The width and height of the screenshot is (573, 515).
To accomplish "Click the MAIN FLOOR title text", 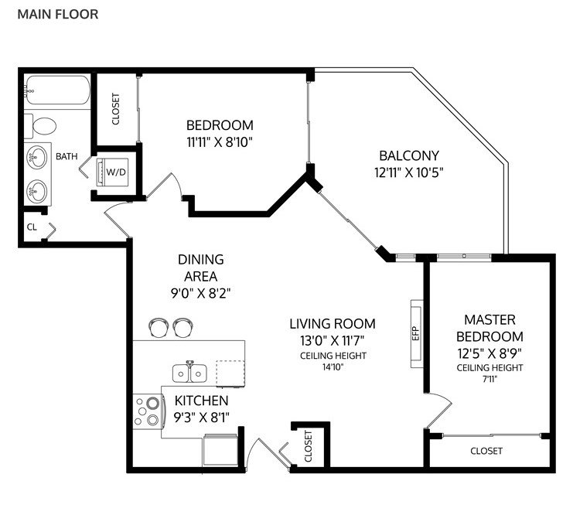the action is (x=58, y=14).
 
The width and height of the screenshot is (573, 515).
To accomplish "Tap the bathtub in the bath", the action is (x=58, y=90).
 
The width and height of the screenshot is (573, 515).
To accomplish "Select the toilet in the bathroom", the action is (x=40, y=126).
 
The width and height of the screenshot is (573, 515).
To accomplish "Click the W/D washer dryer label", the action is (x=116, y=172).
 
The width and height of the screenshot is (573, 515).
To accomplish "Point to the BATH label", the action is (x=67, y=156).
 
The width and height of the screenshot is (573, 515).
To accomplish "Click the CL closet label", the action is (x=32, y=227).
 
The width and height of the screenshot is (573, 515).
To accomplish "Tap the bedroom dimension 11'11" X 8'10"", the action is (x=220, y=142).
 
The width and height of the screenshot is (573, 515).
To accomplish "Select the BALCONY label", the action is (x=409, y=155).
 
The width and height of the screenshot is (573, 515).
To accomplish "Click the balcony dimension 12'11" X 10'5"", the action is (x=409, y=172).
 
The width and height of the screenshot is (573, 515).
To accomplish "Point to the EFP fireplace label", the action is (x=415, y=333).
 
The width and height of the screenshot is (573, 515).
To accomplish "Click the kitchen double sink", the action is (x=189, y=373).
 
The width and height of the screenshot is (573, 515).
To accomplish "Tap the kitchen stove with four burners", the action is (x=147, y=411).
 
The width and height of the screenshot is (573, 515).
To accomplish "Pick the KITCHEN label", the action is (x=201, y=401).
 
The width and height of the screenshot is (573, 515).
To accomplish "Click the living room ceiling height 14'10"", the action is (x=333, y=367).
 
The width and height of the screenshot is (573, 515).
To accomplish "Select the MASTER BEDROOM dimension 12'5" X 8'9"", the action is (x=489, y=353).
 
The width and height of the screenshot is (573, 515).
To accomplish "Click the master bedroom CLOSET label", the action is (x=486, y=451).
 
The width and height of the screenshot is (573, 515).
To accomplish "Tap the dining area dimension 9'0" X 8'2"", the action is (x=200, y=293).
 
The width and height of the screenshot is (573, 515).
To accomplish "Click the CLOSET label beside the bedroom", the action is (x=116, y=109).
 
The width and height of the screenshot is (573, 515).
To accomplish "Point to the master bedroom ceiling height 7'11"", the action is (x=489, y=379).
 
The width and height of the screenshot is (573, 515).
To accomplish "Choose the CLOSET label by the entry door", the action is (x=309, y=446).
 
